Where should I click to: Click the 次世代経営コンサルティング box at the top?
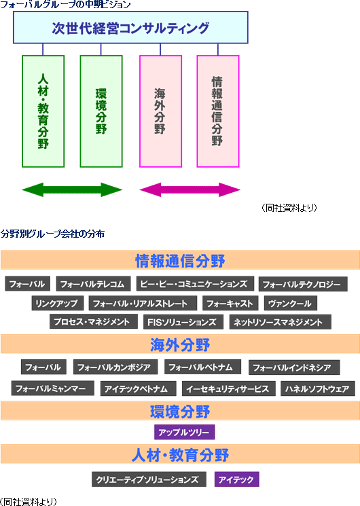(130, 27)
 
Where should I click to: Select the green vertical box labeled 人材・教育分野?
(43, 111)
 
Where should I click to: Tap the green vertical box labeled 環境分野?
(101, 111)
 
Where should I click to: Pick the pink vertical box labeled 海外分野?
(160, 111)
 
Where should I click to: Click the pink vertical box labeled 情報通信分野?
(218, 111)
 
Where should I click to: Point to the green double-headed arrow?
(72, 189)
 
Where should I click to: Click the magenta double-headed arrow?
(190, 189)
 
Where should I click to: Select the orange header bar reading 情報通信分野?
(180, 260)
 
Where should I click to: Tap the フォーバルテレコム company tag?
(93, 284)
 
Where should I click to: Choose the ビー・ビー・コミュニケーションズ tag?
(195, 284)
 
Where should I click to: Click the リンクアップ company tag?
(58, 304)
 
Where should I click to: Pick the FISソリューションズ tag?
(183, 322)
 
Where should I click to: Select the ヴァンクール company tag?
(290, 304)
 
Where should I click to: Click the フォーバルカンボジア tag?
(115, 367)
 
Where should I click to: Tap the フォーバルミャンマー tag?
(52, 388)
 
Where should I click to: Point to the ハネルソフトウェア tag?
(318, 388)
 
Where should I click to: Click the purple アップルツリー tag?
(184, 432)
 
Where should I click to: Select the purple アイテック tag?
(236, 480)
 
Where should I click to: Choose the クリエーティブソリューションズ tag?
(149, 480)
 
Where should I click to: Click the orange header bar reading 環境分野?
(180, 411)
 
